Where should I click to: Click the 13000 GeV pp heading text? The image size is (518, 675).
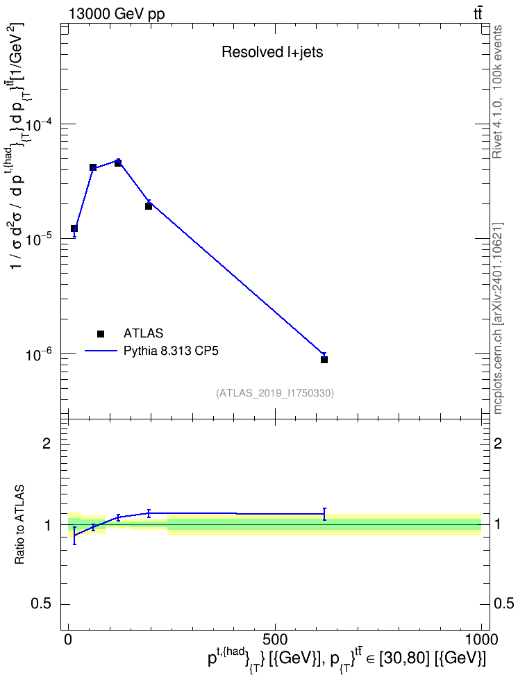(117, 14)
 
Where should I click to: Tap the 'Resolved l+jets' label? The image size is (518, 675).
(272, 52)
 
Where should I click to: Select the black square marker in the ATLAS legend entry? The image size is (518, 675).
(101, 333)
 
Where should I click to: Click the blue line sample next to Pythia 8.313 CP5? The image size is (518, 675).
(101, 351)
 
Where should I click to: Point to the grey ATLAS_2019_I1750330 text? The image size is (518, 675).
(275, 392)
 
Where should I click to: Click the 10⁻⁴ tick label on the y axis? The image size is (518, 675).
(38, 124)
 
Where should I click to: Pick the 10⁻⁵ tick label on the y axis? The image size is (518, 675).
(38, 240)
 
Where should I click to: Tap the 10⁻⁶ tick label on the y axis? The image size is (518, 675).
(38, 354)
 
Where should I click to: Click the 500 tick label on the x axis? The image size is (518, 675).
(275, 639)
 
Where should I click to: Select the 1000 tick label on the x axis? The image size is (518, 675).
(481, 639)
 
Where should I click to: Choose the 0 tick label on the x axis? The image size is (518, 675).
(68, 639)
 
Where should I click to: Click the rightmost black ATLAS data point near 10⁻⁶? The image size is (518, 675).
(324, 360)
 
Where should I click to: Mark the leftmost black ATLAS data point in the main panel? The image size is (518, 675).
(74, 228)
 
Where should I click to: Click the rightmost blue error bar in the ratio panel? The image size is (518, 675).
(324, 514)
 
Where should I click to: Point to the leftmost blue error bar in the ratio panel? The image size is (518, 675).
(74, 535)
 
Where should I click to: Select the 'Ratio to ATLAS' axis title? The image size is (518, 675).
(19, 525)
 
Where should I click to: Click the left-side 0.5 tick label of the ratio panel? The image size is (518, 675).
(41, 604)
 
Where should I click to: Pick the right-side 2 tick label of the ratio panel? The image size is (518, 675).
(498, 443)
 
